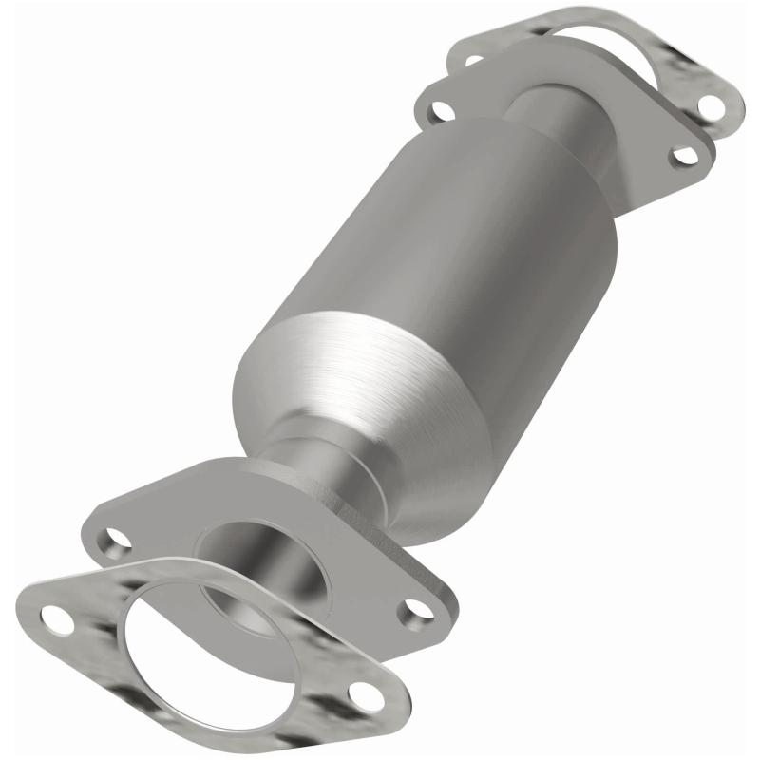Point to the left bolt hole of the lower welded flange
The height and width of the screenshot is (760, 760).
[117, 541]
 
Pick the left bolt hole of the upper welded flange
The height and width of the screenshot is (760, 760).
[439, 109]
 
